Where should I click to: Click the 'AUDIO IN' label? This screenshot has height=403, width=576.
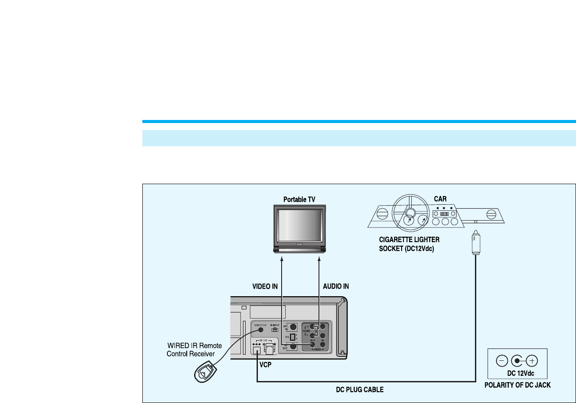336,286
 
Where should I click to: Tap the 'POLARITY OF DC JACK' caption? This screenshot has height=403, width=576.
517,385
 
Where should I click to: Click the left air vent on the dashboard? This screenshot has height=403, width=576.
382,215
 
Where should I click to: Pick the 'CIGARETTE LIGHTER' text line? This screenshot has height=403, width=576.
409,240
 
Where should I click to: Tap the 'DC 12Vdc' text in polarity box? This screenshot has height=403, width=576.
517,374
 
